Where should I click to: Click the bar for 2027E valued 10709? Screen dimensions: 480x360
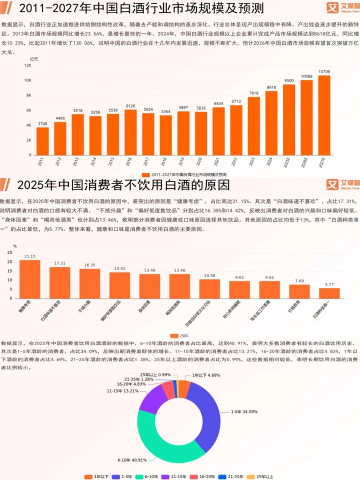tap(324, 115)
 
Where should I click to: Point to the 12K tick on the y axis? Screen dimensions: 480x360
tap(28, 65)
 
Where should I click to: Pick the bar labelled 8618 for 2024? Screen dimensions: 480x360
tap(271, 123)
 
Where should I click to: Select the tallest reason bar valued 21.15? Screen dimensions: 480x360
tap(30, 279)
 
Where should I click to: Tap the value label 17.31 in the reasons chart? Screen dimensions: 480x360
tap(60, 263)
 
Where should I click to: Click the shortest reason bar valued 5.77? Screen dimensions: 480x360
tap(329, 293)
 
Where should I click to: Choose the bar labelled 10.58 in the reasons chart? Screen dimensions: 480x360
tap(209, 288)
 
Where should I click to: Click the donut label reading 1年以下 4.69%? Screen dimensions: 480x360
tap(205, 374)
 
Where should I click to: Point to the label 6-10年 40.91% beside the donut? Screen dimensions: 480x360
tap(132, 459)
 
